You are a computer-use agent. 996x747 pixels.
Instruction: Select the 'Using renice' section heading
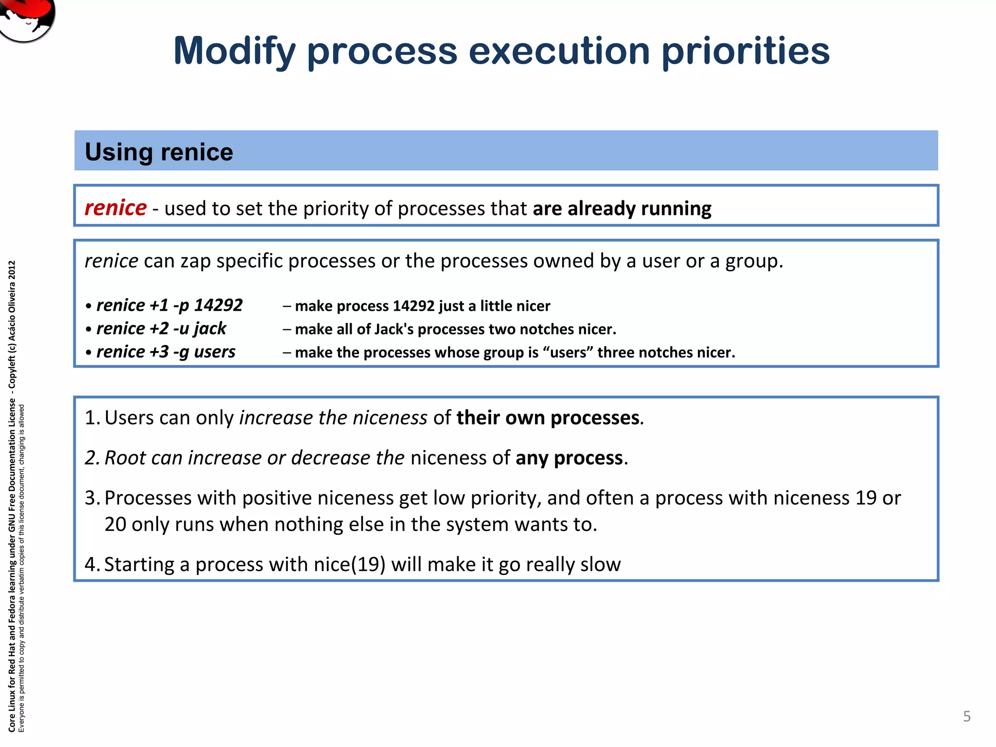[159, 152]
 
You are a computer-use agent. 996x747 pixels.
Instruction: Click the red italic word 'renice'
[115, 208]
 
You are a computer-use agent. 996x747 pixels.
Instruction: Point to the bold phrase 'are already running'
[622, 209]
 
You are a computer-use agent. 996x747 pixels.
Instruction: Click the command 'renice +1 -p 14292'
[169, 305]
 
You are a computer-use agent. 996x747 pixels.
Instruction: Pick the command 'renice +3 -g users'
[165, 352]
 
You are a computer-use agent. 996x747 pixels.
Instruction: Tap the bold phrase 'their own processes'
[548, 418]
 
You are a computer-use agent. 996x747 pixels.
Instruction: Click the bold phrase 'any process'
[569, 458]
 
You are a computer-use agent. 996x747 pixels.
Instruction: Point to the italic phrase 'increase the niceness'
[333, 418]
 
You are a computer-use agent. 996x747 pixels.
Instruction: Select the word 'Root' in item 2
[124, 458]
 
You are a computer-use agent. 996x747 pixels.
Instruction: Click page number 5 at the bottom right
[966, 716]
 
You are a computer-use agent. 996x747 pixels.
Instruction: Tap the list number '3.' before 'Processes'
[92, 498]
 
